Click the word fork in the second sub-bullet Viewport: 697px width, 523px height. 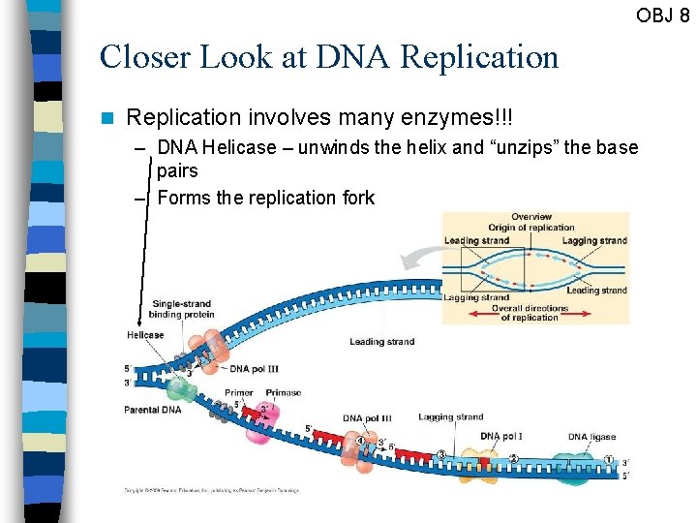point(356,198)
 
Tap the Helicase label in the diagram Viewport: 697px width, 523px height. point(144,335)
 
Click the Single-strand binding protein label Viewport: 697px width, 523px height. point(181,309)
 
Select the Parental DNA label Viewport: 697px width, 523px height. point(152,410)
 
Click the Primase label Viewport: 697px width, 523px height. point(283,393)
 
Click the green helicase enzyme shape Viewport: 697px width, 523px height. point(178,389)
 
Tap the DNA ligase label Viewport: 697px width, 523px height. point(591,437)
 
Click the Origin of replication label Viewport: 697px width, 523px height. point(532,228)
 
